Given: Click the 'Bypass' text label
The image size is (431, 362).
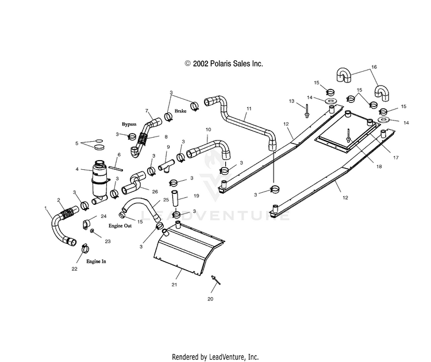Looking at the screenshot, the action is point(129,124).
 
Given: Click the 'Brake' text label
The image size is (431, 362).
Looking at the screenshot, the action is point(180,111).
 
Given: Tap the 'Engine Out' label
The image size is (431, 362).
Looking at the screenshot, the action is point(120,225).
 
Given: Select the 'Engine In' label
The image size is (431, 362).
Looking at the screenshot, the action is point(96,261).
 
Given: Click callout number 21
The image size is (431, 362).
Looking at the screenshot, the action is point(174,285).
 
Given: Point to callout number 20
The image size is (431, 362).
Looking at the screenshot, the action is point(210,299).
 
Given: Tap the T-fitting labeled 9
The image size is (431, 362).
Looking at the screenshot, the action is point(166,166).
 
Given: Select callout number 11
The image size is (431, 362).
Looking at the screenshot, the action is point(249,108).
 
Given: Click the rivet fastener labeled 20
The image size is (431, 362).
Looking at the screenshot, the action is point(215,279).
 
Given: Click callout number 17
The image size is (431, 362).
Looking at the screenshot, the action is point(396,158).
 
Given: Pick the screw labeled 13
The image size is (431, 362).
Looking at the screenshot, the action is point(307,111).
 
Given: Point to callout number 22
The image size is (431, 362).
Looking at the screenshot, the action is point(75,269).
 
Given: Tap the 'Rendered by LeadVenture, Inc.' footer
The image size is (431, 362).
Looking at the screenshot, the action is point(215,357).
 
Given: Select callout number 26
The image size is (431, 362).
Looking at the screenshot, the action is point(155,192).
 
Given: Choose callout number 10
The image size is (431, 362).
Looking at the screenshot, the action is point(209,130).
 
